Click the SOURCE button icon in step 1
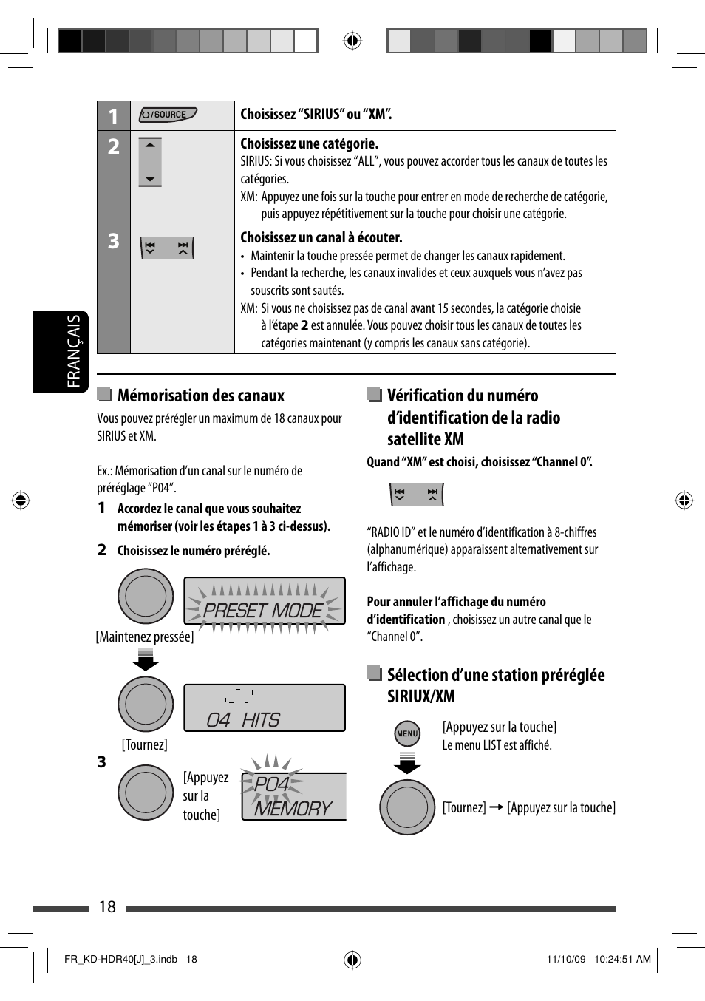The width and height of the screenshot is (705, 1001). click(x=168, y=115)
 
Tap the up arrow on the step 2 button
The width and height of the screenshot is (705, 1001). click(x=150, y=146)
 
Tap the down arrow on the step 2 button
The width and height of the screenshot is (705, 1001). click(x=150, y=179)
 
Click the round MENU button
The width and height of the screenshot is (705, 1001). click(x=407, y=734)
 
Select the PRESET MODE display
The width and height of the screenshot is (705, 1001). click(x=264, y=602)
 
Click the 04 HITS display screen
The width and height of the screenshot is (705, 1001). click(x=264, y=708)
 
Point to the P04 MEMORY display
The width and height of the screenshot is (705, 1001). click(x=293, y=797)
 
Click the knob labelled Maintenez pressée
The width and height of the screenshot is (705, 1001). click(x=146, y=597)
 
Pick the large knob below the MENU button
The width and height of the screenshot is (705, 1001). click(x=407, y=807)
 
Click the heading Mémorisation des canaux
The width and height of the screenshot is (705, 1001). click(x=200, y=396)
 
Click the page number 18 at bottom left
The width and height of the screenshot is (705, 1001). click(x=107, y=907)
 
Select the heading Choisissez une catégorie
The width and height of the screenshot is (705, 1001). click(x=309, y=143)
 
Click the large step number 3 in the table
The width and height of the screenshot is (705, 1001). click(x=113, y=241)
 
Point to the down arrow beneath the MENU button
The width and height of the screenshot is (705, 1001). click(x=407, y=764)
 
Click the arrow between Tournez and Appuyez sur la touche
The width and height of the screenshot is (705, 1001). click(x=496, y=807)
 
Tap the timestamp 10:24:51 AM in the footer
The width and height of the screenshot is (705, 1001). click(x=622, y=959)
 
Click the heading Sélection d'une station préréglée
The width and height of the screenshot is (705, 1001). click(x=495, y=675)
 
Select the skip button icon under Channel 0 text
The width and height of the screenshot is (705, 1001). click(x=416, y=495)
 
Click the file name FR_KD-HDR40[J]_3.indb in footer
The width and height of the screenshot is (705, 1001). click(x=120, y=959)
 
